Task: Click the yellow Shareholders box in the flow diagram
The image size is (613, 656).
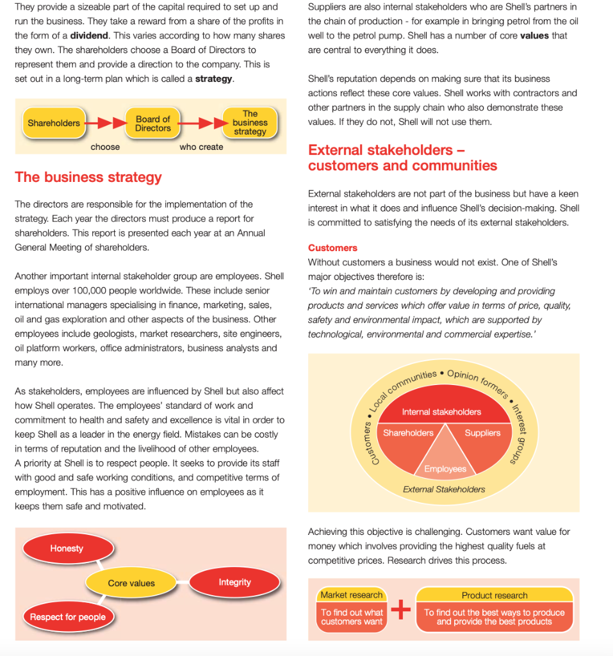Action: click(54, 122)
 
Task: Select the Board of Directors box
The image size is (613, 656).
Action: click(152, 123)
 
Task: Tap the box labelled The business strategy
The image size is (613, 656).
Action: click(250, 122)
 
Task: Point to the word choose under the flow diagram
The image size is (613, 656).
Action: click(105, 147)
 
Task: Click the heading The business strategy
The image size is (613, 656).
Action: click(88, 177)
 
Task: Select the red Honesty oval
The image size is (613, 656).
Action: click(67, 548)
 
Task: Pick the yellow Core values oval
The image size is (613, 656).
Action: click(131, 583)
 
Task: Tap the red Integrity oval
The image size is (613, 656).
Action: click(234, 582)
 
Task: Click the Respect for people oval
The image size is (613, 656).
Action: click(67, 617)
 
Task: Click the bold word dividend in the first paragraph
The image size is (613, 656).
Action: click(89, 35)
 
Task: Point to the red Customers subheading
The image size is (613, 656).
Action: click(332, 247)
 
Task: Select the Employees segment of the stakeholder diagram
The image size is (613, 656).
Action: click(445, 468)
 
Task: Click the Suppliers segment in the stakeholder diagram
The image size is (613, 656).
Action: click(482, 433)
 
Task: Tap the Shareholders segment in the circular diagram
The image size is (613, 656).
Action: click(408, 433)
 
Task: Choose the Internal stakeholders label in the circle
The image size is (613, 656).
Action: click(441, 411)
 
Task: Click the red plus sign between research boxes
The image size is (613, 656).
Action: click(400, 609)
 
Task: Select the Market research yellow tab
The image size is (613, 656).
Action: click(352, 595)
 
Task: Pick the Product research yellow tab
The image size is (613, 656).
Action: click(494, 595)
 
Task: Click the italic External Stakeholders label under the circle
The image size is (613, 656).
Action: click(444, 489)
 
